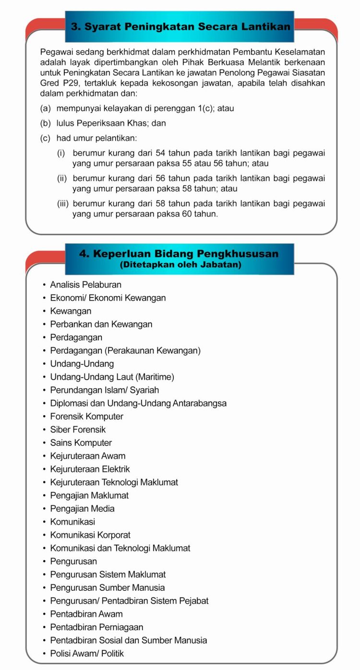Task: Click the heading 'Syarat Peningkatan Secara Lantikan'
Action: pos(180,27)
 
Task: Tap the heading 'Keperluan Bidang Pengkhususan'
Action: pos(179,253)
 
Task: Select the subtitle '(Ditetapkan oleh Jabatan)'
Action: pos(180,264)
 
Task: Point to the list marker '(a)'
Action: pos(46,108)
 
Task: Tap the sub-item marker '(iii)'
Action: pos(63,204)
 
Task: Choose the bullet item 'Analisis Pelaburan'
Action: pos(85,285)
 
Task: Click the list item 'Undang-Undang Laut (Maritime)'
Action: pos(112,377)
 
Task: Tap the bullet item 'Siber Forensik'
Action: pos(78,430)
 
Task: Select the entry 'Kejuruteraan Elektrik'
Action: pos(90,469)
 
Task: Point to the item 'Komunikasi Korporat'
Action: pos(90,535)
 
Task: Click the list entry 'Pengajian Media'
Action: pos(82,508)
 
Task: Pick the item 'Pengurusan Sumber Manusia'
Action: pos(108,587)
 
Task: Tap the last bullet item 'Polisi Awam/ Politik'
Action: pos(87,653)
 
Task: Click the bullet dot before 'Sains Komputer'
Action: pos(44,443)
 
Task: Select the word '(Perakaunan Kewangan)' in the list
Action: pos(153,350)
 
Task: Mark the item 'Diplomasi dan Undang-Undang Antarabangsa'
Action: pos(138,403)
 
